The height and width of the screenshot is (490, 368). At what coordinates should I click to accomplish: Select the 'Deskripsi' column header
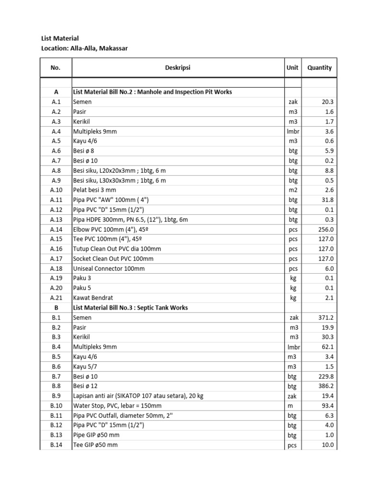coord(178,68)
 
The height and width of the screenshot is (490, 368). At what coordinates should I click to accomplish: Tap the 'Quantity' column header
coord(320,68)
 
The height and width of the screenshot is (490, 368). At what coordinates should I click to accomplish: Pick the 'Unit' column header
coord(293,68)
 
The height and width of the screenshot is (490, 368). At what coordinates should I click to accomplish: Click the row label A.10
coord(56,190)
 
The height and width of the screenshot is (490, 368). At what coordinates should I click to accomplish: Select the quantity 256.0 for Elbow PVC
coord(325,229)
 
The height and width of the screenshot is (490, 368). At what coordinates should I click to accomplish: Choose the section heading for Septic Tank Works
coord(130,308)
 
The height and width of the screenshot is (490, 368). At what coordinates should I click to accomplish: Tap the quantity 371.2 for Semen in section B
coord(325,318)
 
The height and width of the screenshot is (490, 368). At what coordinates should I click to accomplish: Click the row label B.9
coord(56,396)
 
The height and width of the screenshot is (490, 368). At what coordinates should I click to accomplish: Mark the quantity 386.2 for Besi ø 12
coord(325,386)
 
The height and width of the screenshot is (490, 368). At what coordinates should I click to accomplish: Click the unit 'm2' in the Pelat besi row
coord(293,190)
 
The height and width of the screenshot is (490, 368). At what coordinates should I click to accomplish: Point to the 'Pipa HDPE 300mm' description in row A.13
coord(130,220)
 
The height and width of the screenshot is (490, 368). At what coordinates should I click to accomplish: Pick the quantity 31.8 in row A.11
coord(326,200)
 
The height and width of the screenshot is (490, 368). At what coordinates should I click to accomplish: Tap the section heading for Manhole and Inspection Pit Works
coord(152,92)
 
